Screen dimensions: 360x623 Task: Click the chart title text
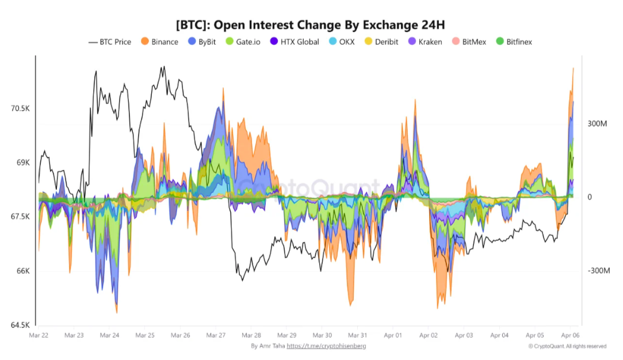point(311,25)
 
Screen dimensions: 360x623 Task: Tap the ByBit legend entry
point(206,42)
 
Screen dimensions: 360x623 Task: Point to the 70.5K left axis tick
point(20,109)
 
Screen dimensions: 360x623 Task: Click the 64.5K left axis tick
point(20,325)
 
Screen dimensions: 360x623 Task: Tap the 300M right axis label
point(597,124)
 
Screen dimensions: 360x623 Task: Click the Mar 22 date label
point(38,335)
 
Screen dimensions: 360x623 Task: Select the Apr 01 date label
point(393,335)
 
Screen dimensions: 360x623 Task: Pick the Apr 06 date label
point(570,335)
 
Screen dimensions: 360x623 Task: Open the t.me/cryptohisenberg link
point(326,346)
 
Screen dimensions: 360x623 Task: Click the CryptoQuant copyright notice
point(567,346)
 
